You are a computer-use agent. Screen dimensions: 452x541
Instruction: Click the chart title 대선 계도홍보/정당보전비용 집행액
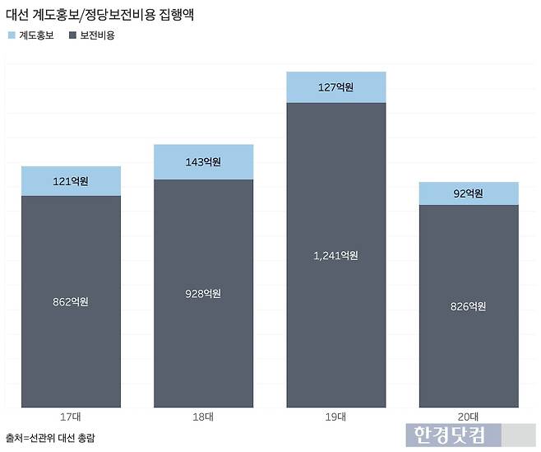(x=100, y=14)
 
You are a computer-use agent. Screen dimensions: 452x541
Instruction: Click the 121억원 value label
(x=71, y=180)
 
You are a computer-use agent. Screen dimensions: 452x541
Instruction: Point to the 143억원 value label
(x=203, y=162)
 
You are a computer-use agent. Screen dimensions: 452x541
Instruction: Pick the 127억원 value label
(x=335, y=87)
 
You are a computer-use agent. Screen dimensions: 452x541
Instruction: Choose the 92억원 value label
(x=469, y=193)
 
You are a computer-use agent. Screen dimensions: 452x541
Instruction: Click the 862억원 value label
(x=71, y=301)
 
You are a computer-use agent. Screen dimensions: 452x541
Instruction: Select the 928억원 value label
(x=203, y=293)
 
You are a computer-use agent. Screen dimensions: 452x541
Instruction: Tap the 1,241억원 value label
(x=335, y=255)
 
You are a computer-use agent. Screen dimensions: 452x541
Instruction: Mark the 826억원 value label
(x=469, y=306)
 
